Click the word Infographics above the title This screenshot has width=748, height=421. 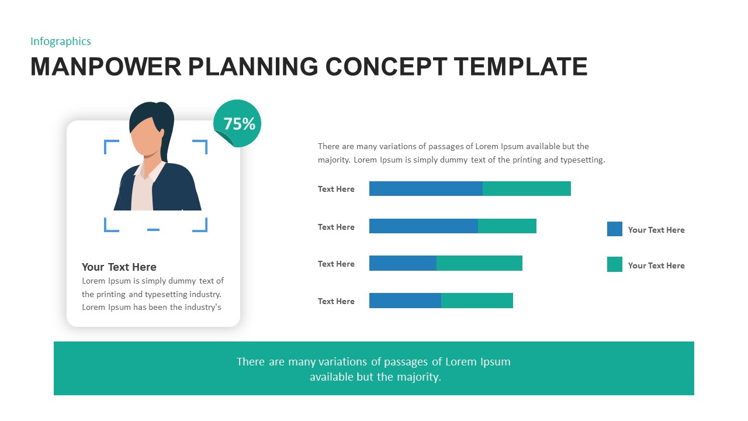tap(61, 41)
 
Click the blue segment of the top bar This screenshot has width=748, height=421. tap(425, 188)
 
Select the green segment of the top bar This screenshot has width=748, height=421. tap(527, 188)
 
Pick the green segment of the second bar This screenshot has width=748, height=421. tap(507, 226)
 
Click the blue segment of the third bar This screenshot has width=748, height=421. tap(403, 263)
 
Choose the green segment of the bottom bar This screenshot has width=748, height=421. tap(477, 301)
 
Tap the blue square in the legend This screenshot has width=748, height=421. tap(615, 229)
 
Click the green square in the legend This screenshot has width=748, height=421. tap(615, 264)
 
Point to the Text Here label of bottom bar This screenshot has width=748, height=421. tap(336, 301)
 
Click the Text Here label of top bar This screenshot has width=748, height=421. tap(336, 189)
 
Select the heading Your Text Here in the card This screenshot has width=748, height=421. tap(119, 267)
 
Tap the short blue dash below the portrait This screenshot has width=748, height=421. tap(153, 230)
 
